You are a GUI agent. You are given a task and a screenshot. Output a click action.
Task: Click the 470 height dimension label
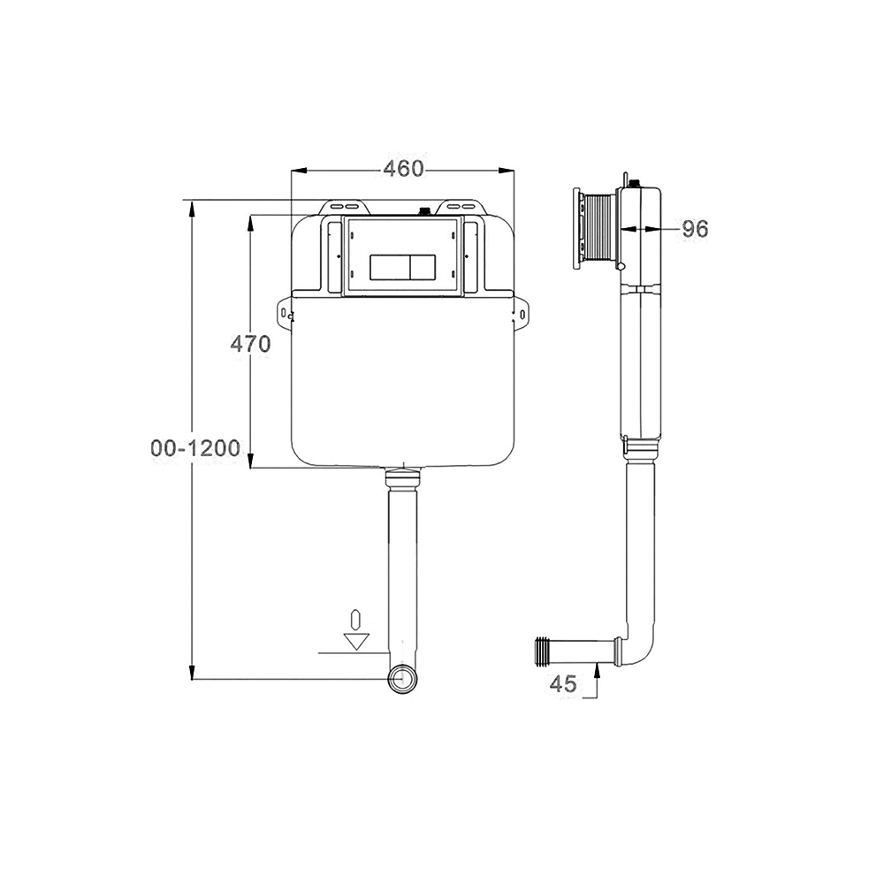coord(250,343)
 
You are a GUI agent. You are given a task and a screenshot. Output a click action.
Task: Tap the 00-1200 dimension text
coord(195,448)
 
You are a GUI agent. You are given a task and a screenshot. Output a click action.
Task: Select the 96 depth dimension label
coord(695,229)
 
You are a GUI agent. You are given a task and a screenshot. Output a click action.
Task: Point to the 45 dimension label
coord(563,684)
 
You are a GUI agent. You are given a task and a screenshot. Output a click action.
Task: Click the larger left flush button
coord(390,267)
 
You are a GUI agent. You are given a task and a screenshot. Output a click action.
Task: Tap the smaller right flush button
coord(423,267)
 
